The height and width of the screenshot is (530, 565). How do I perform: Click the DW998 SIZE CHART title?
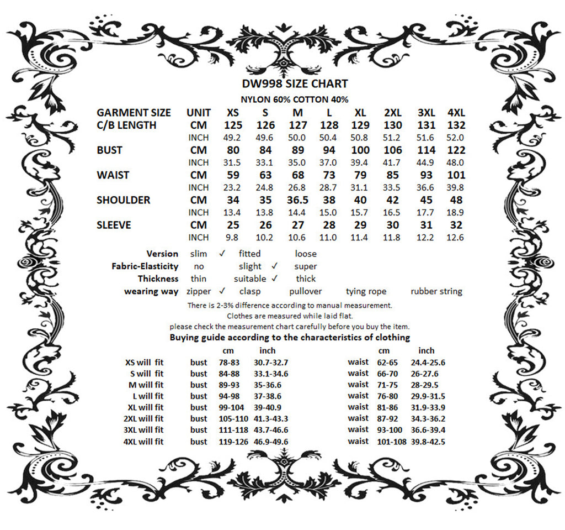tap(295, 84)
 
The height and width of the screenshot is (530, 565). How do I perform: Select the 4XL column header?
tap(456, 113)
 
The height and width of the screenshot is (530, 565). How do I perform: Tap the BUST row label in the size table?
tap(109, 150)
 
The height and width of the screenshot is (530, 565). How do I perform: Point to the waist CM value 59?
tap(233, 175)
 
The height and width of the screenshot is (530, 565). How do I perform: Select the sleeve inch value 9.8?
tap(233, 238)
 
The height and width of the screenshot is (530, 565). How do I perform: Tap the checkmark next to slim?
tap(222, 254)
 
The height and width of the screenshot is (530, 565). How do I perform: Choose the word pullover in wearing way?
tap(305, 291)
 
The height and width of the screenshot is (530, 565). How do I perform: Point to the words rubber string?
tap(436, 291)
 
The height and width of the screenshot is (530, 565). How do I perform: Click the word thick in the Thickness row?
tap(305, 279)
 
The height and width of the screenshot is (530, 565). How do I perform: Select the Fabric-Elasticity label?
tap(145, 266)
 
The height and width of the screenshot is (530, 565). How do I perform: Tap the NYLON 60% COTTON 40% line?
tap(295, 99)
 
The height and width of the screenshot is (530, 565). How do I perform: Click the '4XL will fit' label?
tap(143, 442)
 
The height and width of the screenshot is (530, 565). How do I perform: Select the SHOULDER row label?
tap(123, 200)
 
